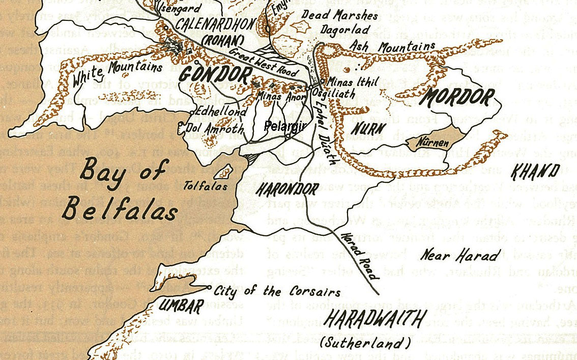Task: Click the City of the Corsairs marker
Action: [210, 288]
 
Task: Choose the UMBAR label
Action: [181, 306]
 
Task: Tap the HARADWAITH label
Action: [374, 320]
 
